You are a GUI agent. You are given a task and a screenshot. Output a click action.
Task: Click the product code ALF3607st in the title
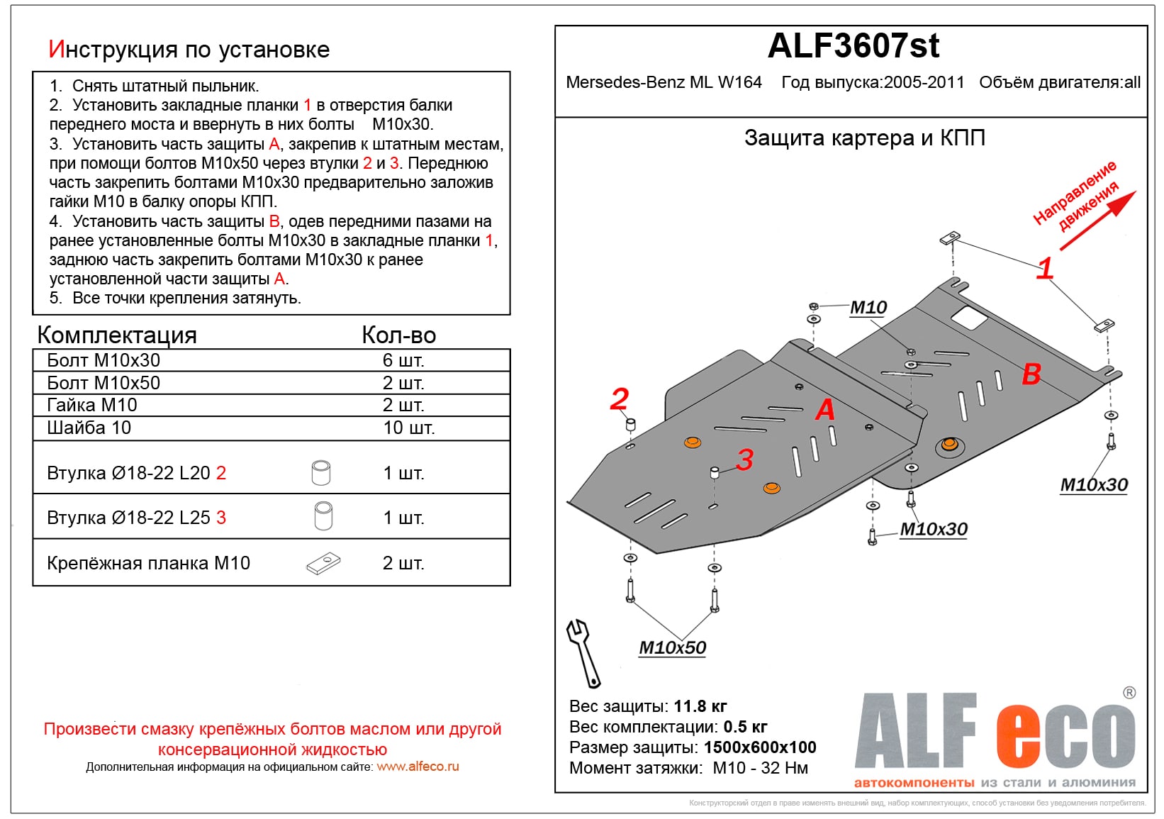point(853,47)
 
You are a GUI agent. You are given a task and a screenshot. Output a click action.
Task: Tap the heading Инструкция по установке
point(189,50)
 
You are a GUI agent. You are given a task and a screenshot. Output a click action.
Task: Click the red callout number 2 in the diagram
point(619,399)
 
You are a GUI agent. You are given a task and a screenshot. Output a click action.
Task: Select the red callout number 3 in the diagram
point(744,459)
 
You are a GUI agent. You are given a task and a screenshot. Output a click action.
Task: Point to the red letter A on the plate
point(824,410)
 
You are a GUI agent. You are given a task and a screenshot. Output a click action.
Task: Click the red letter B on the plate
point(1031,374)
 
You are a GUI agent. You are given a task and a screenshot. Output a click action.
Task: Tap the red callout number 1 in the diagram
point(1045,268)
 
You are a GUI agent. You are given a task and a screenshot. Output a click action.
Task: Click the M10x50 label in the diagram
point(672,647)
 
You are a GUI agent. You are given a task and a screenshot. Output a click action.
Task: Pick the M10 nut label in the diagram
point(868,308)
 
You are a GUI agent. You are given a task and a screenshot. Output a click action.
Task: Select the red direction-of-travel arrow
point(1097,221)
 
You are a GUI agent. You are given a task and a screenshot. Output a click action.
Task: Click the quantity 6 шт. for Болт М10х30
point(403,360)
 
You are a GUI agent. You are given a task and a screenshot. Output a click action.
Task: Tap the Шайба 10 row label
point(89,428)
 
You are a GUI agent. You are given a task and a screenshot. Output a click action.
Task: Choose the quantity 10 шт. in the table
point(408,428)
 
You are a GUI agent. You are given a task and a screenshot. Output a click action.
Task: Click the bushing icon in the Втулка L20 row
point(321,472)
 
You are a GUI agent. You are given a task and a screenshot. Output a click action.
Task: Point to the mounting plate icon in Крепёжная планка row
point(323,564)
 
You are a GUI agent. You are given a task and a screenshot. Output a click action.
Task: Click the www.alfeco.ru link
point(418,767)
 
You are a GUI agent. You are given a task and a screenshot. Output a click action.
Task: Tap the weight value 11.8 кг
point(700,706)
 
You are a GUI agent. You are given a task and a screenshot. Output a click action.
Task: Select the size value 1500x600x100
point(759,747)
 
